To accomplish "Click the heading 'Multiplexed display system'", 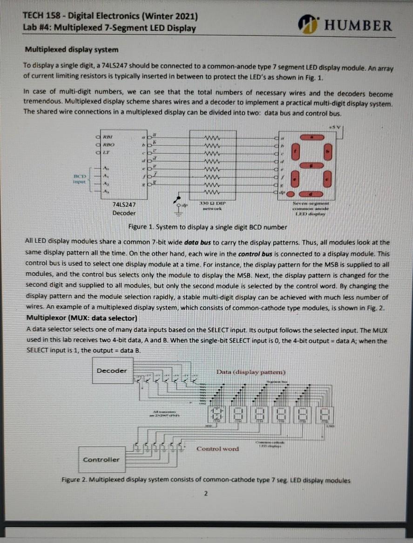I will click(71, 49).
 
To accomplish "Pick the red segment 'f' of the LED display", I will click(294, 151).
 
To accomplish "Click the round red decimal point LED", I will click(291, 194).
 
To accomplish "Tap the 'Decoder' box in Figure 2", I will click(112, 371).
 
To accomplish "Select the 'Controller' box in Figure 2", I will click(101, 459).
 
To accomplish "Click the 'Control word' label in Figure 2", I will click(217, 449).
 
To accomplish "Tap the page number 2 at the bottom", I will click(205, 493).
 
